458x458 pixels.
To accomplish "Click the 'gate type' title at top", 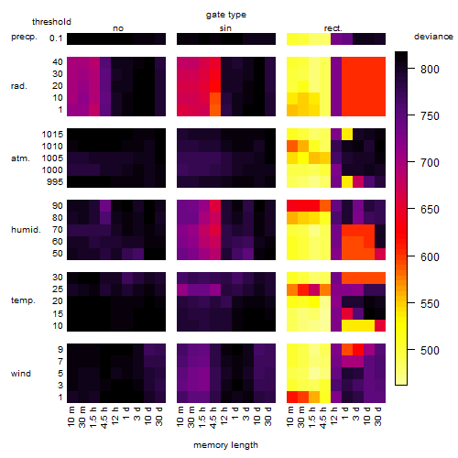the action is point(226,15).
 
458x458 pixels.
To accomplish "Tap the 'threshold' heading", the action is point(51,22).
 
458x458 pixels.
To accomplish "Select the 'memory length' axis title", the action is point(225,445).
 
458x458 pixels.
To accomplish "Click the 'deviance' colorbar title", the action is point(433,37).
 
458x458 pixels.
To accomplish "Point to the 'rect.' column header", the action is point(333,28).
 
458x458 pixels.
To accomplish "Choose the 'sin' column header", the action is point(225,28).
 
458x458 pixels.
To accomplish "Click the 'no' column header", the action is point(118,28).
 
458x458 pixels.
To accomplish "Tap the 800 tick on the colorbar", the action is point(430,70).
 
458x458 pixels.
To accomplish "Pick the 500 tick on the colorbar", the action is point(430,351).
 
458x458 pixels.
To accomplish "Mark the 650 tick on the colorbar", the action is point(430,210).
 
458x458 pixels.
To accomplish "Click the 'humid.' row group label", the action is point(26,230).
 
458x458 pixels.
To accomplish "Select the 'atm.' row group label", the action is point(20,158).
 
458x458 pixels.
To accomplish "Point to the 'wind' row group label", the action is point(21,374).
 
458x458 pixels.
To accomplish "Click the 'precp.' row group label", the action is point(24,37).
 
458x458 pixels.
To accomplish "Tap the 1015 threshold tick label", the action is point(52,135).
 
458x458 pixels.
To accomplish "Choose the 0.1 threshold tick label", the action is point(56,38).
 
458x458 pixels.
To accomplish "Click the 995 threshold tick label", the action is point(55,182).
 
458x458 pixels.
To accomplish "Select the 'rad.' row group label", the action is point(19,86).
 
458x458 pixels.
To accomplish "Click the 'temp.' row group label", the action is point(23,300).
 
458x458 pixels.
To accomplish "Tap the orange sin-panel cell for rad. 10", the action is point(215,98).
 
